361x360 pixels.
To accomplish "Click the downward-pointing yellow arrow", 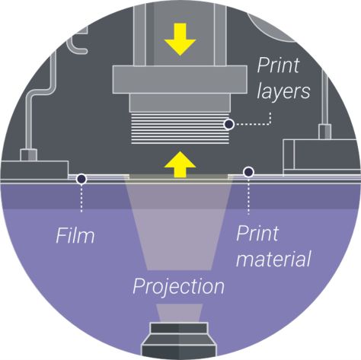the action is pyautogui.click(x=180, y=40).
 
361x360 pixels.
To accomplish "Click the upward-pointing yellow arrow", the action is pyautogui.click(x=180, y=164).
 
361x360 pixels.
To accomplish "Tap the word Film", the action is pyautogui.click(x=75, y=236).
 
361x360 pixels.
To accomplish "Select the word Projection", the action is pyautogui.click(x=178, y=287).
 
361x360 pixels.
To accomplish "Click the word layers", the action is pyautogui.click(x=283, y=91).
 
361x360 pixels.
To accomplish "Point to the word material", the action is pyautogui.click(x=273, y=259).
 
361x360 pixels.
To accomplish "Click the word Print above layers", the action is pyautogui.click(x=278, y=65).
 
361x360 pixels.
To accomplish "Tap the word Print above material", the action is pyautogui.click(x=257, y=233).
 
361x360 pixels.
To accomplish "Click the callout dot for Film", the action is pyautogui.click(x=81, y=179).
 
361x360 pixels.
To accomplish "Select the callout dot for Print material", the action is pyautogui.click(x=248, y=172).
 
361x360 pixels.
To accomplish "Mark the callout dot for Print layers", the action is pyautogui.click(x=229, y=124).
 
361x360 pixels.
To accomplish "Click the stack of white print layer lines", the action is pyautogui.click(x=180, y=129).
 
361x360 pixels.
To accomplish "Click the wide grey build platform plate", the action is pyautogui.click(x=180, y=79).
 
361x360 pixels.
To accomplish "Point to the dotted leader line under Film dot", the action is pyautogui.click(x=81, y=198).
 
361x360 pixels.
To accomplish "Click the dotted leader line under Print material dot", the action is pyautogui.click(x=248, y=196).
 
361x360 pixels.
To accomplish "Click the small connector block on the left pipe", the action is pyautogui.click(x=28, y=155).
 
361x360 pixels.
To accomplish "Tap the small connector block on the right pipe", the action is pyautogui.click(x=324, y=132).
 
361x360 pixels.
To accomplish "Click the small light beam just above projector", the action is pyautogui.click(x=179, y=313).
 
